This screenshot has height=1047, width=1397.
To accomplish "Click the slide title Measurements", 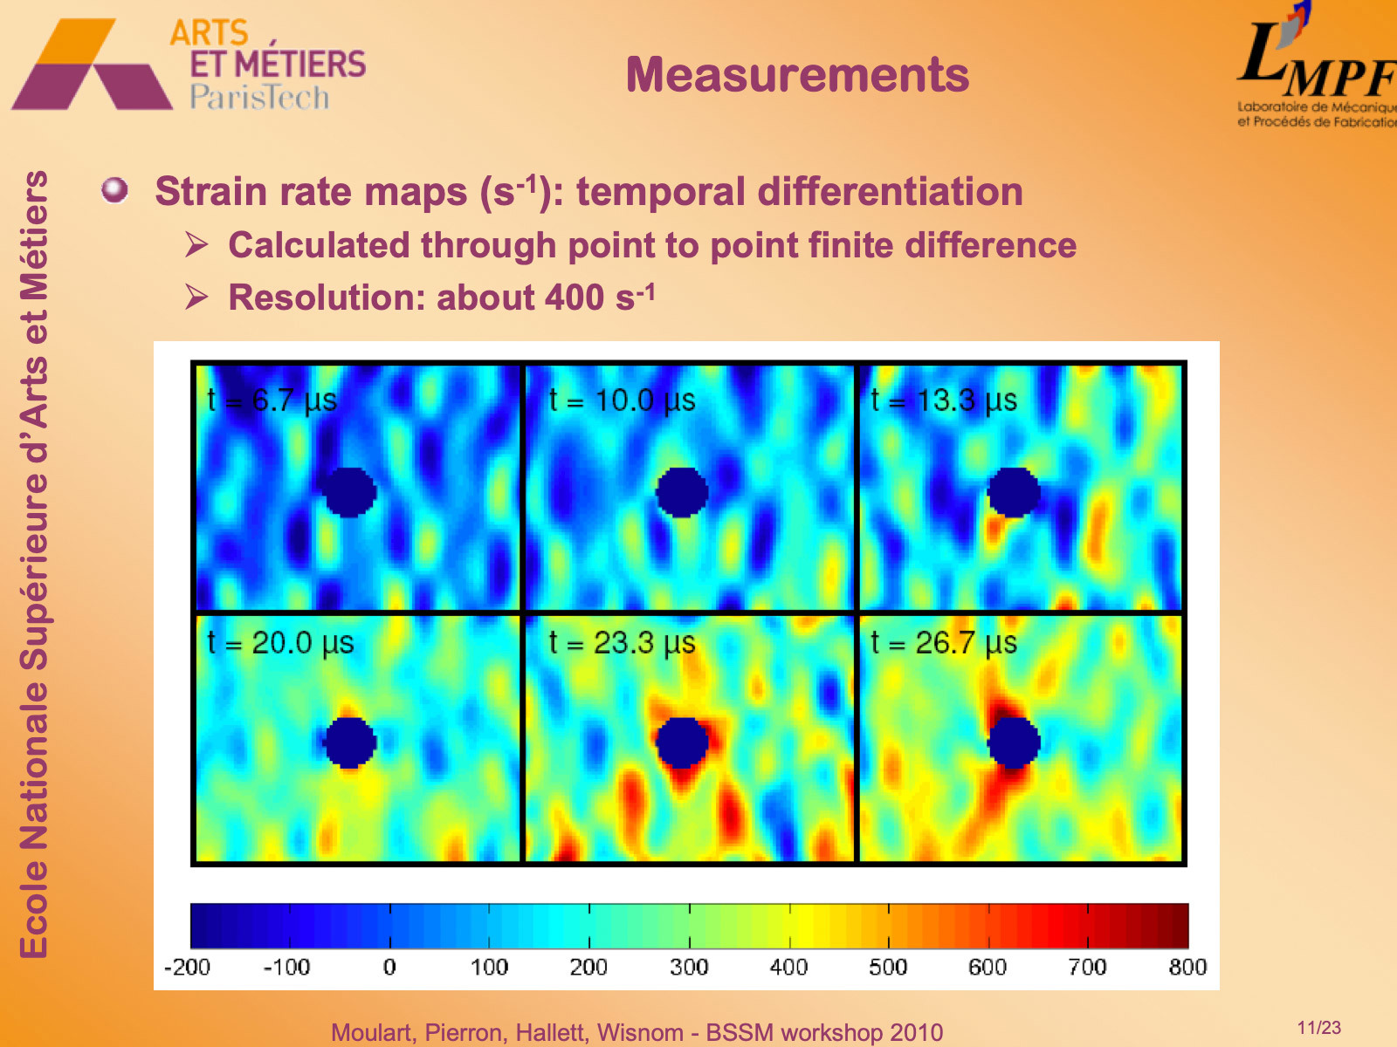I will tap(797, 75).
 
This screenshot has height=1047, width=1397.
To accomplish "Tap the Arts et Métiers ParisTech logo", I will tap(188, 65).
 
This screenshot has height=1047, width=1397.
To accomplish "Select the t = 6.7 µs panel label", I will tap(272, 400).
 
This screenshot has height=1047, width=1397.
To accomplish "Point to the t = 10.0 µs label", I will tap(622, 400).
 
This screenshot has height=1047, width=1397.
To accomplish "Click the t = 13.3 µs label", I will tap(944, 400).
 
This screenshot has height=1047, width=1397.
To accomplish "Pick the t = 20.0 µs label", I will tap(280, 643).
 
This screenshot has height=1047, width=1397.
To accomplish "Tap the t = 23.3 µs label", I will tap(622, 643).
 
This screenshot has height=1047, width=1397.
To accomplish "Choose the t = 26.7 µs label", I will tap(944, 643).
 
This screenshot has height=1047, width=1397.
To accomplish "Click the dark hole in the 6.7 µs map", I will tap(349, 492).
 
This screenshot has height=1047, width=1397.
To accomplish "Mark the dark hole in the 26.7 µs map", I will tap(1014, 742).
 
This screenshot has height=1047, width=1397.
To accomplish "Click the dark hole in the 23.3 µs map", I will tap(681, 742).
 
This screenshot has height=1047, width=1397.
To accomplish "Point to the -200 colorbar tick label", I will tap(188, 967).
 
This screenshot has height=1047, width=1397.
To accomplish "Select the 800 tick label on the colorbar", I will tap(1187, 967).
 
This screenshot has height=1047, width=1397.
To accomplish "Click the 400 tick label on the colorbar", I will tap(788, 967).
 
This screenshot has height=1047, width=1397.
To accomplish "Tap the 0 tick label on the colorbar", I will tap(389, 967).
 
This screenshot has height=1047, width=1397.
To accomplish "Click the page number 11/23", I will tap(1318, 1028).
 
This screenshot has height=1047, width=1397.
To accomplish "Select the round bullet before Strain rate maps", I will tap(114, 189).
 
